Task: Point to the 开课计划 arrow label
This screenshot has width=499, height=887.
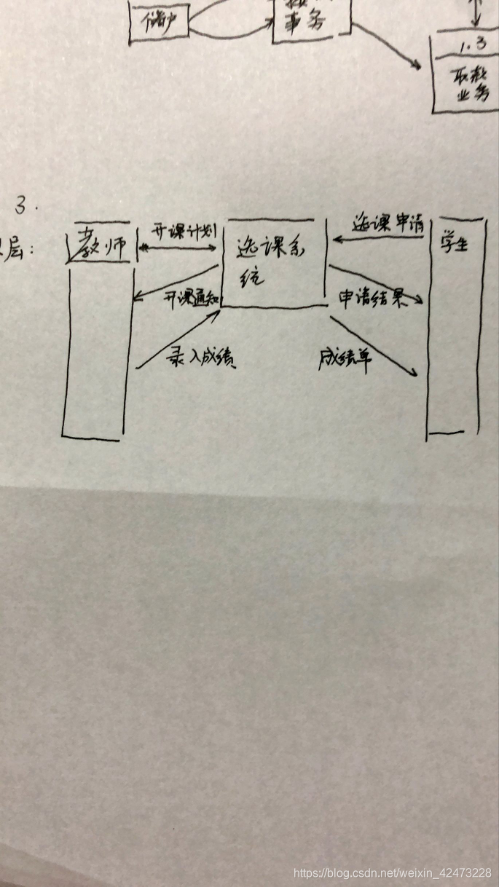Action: pos(182,231)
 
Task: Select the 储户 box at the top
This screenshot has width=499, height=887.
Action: pos(159,21)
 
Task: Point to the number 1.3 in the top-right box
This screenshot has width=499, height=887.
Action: pos(466,47)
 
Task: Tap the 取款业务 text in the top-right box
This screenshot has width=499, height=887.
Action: pos(466,83)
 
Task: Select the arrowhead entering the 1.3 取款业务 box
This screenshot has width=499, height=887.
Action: pos(418,66)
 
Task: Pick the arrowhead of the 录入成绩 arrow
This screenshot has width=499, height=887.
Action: pos(216,312)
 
